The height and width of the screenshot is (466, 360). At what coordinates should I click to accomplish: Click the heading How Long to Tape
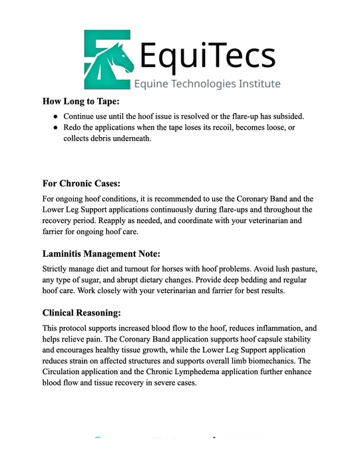coord(81,101)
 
